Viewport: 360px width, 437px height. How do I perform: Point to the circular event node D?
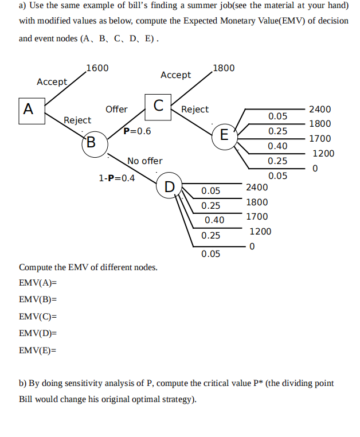pyautogui.click(x=170, y=186)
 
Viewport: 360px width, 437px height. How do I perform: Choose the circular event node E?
pyautogui.click(x=224, y=135)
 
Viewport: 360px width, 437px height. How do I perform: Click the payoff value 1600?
pyautogui.click(x=97, y=68)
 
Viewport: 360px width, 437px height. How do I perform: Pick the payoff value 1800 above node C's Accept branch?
pyautogui.click(x=223, y=68)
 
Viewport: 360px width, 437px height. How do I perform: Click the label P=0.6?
pyautogui.click(x=138, y=131)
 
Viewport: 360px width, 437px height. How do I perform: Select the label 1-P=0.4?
pyautogui.click(x=117, y=178)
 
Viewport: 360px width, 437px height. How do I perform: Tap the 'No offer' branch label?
pyautogui.click(x=144, y=161)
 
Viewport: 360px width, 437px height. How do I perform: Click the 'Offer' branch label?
pyautogui.click(x=116, y=109)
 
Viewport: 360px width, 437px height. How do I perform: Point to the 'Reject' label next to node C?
pyautogui.click(x=195, y=109)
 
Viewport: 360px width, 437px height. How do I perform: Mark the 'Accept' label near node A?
pyautogui.click(x=52, y=82)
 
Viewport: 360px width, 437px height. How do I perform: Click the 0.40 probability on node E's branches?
pyautogui.click(x=277, y=146)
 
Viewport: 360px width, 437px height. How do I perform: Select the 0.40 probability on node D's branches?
pyautogui.click(x=214, y=220)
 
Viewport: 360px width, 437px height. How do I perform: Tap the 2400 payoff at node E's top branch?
pyautogui.click(x=320, y=109)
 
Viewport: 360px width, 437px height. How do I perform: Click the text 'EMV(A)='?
pyautogui.click(x=38, y=283)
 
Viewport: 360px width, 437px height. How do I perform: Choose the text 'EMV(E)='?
pyautogui.click(x=38, y=349)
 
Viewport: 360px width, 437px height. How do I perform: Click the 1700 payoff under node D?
pyautogui.click(x=257, y=217)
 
